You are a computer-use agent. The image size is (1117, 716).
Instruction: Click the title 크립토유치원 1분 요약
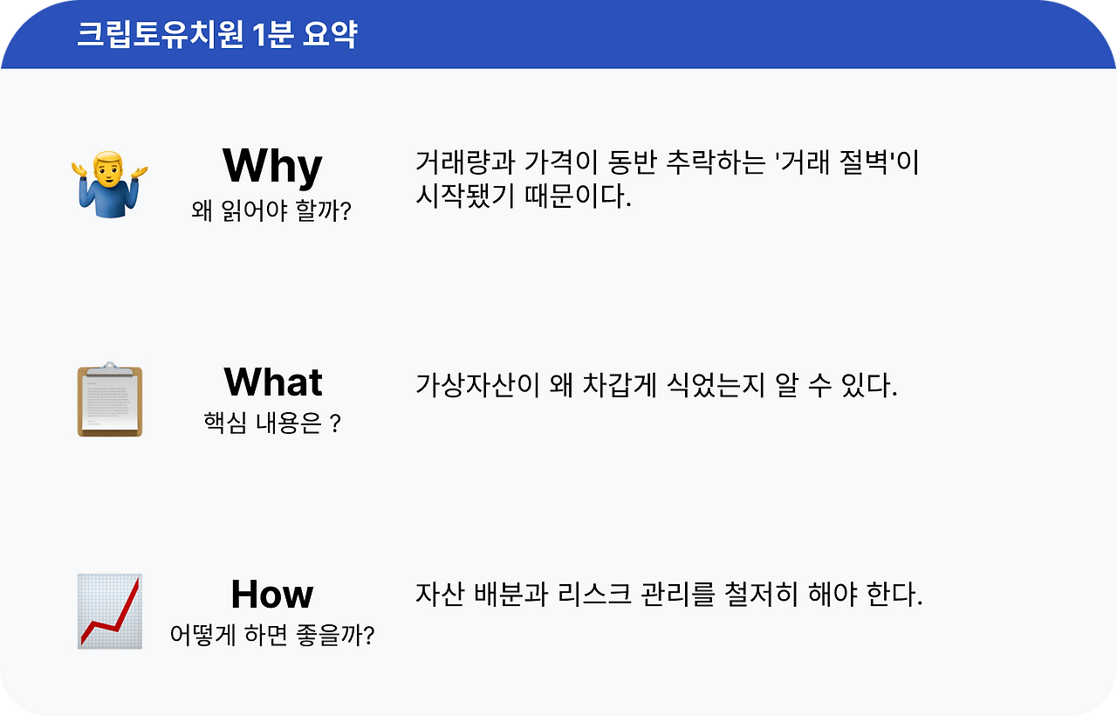tap(217, 34)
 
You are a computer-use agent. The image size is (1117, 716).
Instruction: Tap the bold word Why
tap(272, 167)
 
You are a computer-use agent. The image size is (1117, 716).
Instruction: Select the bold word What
tap(273, 382)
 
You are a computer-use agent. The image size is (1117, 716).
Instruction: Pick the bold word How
tap(272, 594)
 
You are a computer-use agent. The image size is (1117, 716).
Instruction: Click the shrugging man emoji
tap(110, 184)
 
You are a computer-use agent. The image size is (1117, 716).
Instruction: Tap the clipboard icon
tap(110, 399)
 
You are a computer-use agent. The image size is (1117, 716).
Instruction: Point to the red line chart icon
tap(110, 611)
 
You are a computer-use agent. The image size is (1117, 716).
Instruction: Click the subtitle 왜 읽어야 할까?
tap(271, 210)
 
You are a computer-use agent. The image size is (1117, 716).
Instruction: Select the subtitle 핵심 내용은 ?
tap(272, 423)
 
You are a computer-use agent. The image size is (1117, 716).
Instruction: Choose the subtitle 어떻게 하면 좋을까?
tap(272, 635)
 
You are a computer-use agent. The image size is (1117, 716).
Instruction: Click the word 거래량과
tap(465, 162)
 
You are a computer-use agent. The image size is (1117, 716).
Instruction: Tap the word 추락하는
tap(716, 162)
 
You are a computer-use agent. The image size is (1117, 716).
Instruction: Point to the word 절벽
tap(864, 162)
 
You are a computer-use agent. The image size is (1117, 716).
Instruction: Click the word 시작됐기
tap(465, 195)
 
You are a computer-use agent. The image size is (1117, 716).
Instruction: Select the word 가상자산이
tap(477, 385)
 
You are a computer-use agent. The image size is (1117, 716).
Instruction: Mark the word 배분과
tap(511, 595)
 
